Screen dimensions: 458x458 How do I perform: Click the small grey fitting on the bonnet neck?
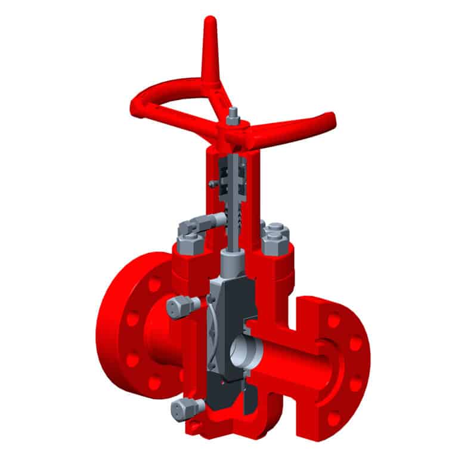(212, 184)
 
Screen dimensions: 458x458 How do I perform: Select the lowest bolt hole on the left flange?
(156, 382)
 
